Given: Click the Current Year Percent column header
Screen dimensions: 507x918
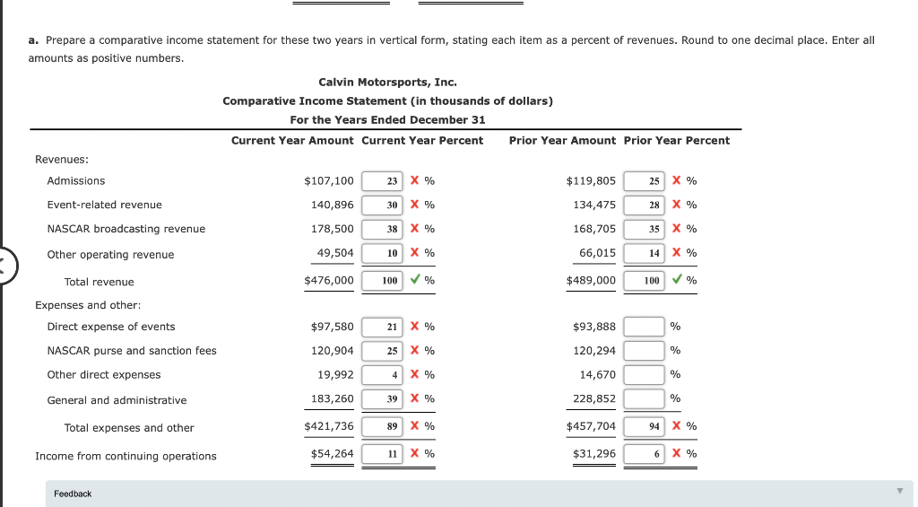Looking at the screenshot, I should click(422, 141).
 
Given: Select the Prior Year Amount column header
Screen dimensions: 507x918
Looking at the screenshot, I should click(562, 141).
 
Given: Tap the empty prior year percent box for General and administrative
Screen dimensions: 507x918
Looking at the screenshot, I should click(644, 399).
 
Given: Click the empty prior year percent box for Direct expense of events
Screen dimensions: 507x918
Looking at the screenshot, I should click(644, 327).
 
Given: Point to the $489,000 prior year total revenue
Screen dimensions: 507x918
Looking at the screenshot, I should click(591, 281).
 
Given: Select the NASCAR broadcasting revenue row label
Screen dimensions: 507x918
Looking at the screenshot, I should click(126, 230).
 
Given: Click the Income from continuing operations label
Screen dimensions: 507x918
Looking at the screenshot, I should click(126, 457).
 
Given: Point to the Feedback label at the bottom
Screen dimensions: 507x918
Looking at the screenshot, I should click(73, 494).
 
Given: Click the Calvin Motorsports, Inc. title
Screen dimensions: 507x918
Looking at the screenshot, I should click(387, 83).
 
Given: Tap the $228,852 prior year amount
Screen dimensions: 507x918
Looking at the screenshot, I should click(594, 399).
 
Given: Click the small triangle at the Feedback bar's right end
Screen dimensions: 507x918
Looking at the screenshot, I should click(899, 492).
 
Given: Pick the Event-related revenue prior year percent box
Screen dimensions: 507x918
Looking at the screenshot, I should click(644, 205).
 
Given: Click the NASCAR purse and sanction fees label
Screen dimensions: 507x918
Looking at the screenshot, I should click(132, 351).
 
